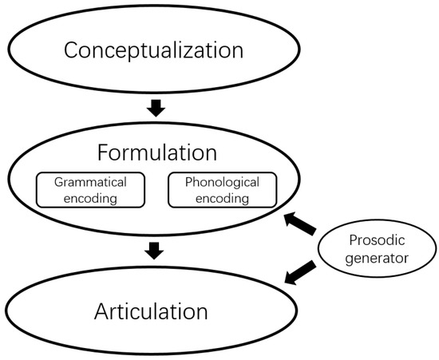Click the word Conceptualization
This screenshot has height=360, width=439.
(x=153, y=50)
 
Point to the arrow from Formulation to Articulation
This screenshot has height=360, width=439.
(x=155, y=251)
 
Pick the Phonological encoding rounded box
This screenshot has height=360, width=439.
(x=223, y=189)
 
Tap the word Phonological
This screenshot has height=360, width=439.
(x=223, y=181)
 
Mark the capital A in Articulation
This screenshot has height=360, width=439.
(x=103, y=310)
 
